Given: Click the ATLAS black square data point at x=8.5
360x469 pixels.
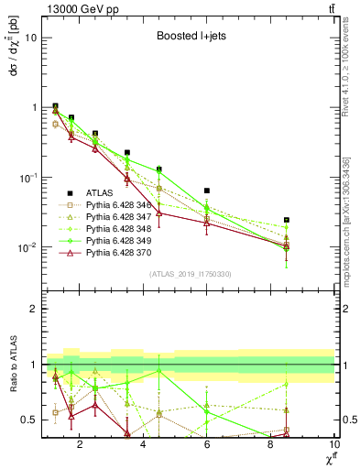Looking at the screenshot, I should (287, 220).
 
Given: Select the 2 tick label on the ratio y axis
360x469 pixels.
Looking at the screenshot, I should (34, 309).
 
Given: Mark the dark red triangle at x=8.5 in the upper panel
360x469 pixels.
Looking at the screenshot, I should (287, 245).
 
